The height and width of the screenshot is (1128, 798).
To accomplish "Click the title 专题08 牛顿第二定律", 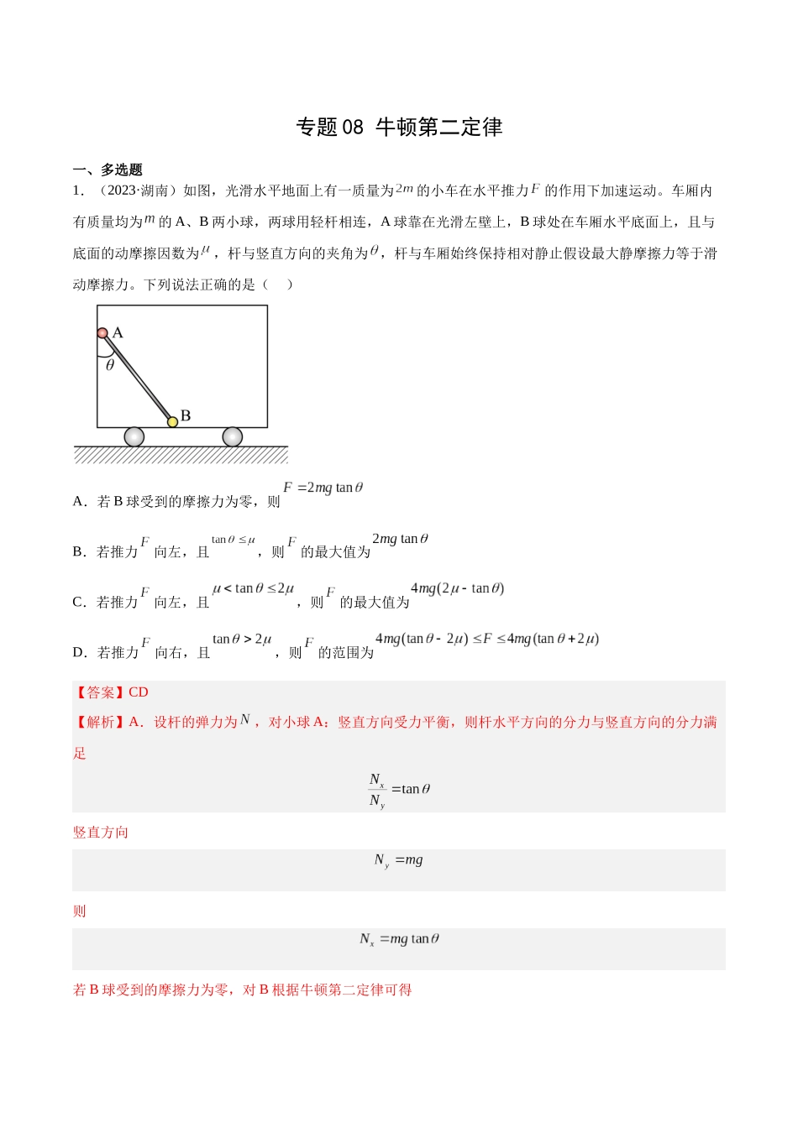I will coord(399,127).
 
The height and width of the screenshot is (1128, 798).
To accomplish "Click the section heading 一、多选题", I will coord(108,170).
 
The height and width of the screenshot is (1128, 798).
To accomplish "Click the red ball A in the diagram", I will coord(102,333).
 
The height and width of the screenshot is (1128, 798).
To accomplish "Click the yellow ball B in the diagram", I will coord(172,421).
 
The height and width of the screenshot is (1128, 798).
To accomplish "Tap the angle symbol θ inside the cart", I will coord(110,365).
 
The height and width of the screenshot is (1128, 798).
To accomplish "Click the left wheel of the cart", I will coord(134,436).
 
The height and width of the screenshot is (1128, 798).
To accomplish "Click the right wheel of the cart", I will coord(233,436).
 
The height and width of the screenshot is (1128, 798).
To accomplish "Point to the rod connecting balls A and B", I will coord(138,378).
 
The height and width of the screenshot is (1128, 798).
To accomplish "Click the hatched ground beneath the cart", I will coord(181,456).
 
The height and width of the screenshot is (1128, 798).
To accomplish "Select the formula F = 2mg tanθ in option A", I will coord(323,488).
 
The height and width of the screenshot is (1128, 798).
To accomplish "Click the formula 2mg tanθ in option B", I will coord(400,539).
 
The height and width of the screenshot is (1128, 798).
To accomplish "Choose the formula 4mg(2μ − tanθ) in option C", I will coord(457,588).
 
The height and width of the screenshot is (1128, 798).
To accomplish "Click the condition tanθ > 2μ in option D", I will coord(242,640).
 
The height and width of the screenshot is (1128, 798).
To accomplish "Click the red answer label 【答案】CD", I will coord(111,692).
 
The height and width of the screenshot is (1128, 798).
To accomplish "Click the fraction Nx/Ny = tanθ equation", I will coord(399,790).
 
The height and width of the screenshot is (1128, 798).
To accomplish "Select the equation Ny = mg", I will coord(399,860).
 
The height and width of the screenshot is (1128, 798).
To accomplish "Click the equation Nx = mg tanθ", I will coord(399,939).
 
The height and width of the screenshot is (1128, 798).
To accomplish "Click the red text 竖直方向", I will coord(101,833).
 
